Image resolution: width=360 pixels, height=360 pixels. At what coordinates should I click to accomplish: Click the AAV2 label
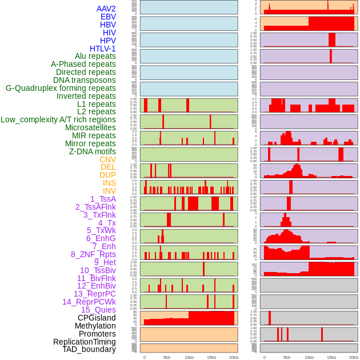(106, 9)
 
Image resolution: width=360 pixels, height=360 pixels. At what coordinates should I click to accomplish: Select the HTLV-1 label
(103, 49)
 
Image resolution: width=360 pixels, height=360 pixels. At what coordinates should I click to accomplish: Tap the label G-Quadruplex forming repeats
(61, 89)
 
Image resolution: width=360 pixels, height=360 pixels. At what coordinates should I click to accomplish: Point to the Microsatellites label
(90, 128)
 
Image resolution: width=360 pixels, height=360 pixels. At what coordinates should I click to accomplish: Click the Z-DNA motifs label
(93, 152)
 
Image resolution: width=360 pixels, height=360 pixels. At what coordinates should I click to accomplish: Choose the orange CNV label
(107, 159)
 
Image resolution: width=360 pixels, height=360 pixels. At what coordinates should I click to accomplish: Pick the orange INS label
(109, 183)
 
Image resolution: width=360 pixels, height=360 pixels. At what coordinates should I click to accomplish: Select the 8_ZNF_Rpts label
(93, 254)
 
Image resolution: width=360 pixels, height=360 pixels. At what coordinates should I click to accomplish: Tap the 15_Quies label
(98, 310)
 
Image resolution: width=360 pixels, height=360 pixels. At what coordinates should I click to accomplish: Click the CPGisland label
(97, 318)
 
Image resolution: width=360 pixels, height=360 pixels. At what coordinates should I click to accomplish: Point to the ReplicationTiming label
(84, 342)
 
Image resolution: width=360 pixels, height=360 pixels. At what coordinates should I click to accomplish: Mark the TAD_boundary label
(89, 349)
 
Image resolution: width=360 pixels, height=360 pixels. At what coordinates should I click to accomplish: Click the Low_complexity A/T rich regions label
(58, 119)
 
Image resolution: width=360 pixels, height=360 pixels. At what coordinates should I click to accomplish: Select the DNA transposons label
(85, 80)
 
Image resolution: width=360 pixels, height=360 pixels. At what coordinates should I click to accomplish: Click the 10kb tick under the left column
(189, 357)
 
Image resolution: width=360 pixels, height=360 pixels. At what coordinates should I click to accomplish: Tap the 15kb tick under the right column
(331, 357)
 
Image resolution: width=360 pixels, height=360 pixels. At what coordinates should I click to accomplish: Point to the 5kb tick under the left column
(167, 357)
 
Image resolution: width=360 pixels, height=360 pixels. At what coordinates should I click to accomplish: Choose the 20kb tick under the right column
(354, 357)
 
